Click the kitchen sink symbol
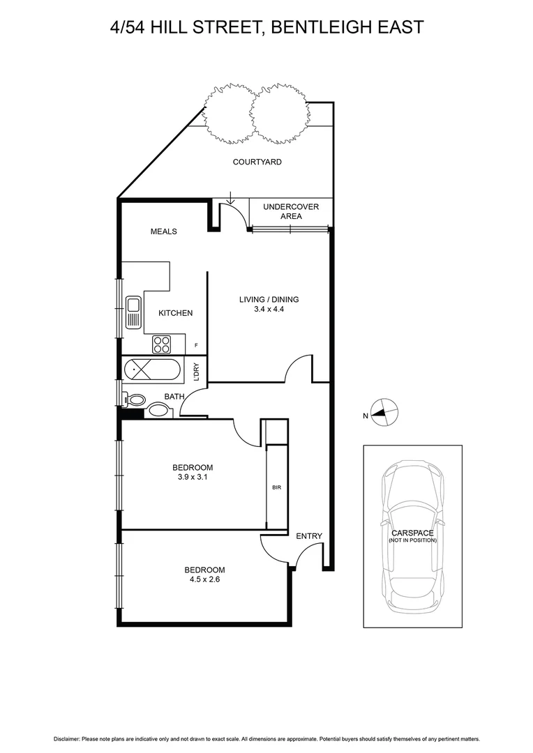coord(133,312)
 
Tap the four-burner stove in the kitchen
coord(162,344)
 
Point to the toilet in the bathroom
coord(134,400)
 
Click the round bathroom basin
coord(158,411)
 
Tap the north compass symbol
coord(383,413)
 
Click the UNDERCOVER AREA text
coord(291,211)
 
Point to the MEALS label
coord(164,231)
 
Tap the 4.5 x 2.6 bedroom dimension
coord(204,578)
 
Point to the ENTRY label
coord(309,535)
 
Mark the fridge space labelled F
coord(196,345)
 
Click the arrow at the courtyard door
coord(231,199)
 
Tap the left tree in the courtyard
coord(227,111)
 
